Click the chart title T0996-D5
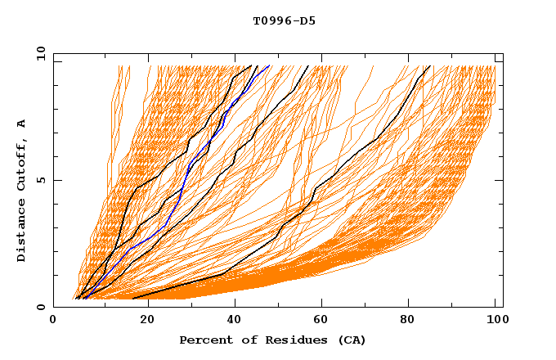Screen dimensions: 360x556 click(284, 21)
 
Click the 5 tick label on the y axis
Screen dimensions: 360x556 click(40, 180)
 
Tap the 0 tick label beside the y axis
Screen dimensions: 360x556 click(40, 307)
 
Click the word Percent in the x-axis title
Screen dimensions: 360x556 click(204, 340)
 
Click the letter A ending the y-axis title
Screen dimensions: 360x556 click(21, 124)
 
